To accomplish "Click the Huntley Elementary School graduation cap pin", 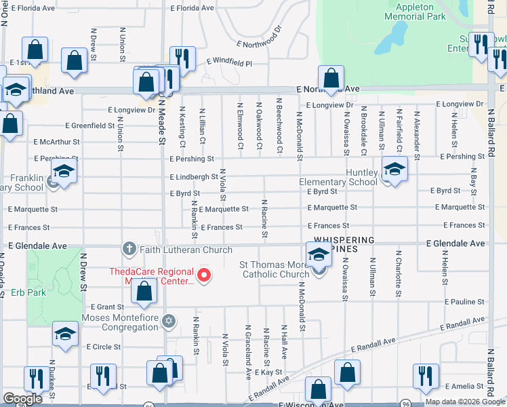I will (x=394, y=170).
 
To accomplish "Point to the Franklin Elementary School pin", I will (x=63, y=174).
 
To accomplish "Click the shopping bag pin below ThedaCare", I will (x=144, y=292).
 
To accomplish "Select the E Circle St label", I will (x=104, y=346).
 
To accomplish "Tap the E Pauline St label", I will (x=465, y=301).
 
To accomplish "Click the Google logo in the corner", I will (x=22, y=399).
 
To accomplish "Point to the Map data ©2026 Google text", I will (x=464, y=402).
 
